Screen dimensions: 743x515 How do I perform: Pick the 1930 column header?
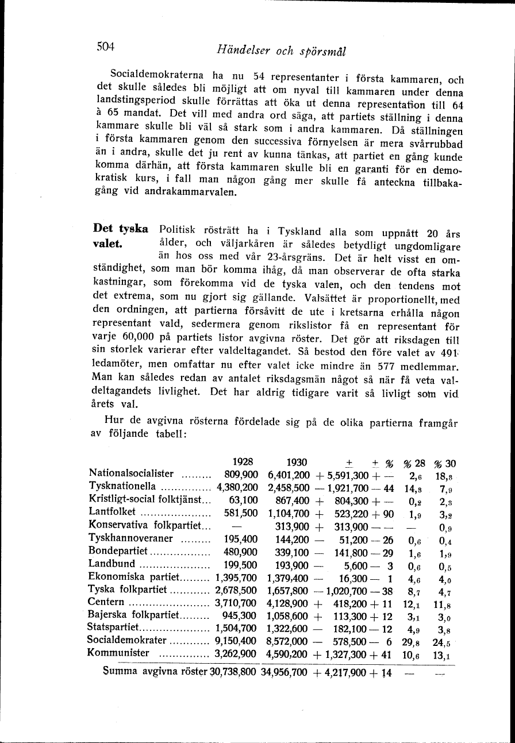click(297, 461)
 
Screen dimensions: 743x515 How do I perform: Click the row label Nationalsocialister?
click(132, 474)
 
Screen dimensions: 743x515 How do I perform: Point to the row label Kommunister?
click(118, 653)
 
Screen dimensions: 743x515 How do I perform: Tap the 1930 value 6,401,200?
click(289, 475)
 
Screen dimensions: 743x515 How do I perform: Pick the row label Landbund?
click(112, 564)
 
